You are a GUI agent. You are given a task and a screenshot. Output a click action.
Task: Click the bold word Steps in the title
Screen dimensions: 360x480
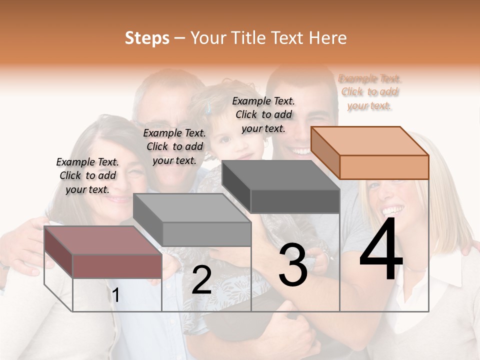[147, 38]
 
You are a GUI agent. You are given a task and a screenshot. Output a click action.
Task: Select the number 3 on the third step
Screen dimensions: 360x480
[293, 265]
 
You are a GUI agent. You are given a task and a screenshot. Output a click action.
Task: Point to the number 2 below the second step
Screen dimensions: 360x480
[201, 280]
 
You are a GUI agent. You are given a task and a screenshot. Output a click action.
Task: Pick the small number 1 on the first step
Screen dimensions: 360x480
[116, 295]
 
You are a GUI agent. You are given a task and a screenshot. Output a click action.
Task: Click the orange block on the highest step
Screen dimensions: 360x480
[370, 152]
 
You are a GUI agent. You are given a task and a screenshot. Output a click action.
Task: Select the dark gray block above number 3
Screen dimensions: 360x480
[281, 187]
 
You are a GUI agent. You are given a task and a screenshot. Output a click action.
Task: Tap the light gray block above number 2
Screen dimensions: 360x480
[192, 220]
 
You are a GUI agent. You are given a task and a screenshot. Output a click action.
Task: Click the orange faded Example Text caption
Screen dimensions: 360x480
[370, 92]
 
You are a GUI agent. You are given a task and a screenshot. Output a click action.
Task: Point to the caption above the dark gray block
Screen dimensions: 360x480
[263, 114]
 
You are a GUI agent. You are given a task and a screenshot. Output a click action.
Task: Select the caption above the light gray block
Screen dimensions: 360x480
[174, 146]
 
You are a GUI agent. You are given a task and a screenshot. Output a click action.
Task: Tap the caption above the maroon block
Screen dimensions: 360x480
[87, 175]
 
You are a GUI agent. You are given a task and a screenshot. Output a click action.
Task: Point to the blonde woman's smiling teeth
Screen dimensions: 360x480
[393, 208]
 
